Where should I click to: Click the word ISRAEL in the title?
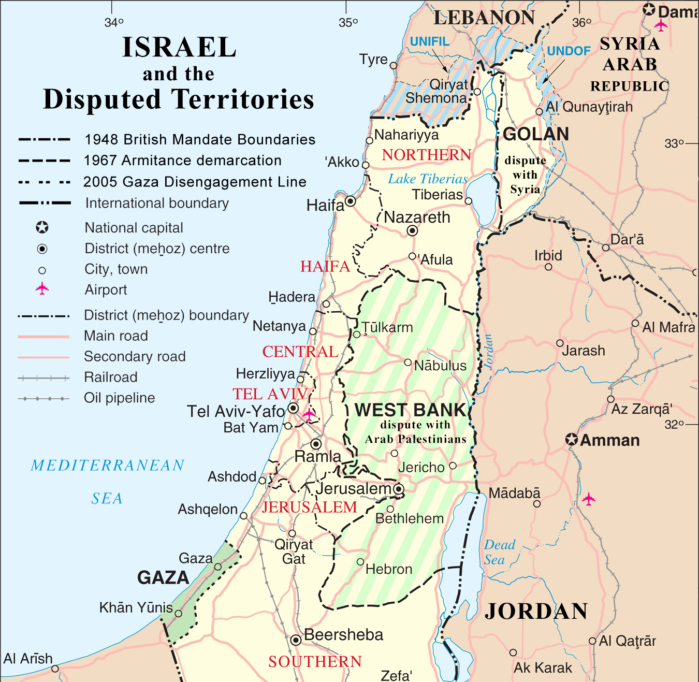[x=179, y=48]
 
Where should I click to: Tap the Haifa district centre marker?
[x=351, y=201]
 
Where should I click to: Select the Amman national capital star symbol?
[x=571, y=440]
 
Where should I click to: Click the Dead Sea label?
[x=500, y=552]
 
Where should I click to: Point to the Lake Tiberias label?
[x=428, y=179]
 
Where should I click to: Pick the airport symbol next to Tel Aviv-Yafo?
[x=309, y=414]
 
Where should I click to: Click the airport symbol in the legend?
[x=42, y=289]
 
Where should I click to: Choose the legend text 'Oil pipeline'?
[x=120, y=398]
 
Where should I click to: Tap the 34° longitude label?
[x=114, y=23]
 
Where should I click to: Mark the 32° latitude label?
[x=674, y=425]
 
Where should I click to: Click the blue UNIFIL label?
[x=430, y=41]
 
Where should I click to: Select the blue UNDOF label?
[x=569, y=51]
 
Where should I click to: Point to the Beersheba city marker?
[x=296, y=640]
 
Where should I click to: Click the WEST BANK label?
[x=410, y=410]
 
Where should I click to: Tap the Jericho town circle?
[x=453, y=466]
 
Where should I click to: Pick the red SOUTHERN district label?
[x=315, y=662]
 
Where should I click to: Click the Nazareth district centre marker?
[x=412, y=231]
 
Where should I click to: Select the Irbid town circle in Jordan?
[x=548, y=267]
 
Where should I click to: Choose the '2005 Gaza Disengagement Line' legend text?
[x=195, y=182]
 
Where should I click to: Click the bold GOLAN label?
[x=536, y=134]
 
